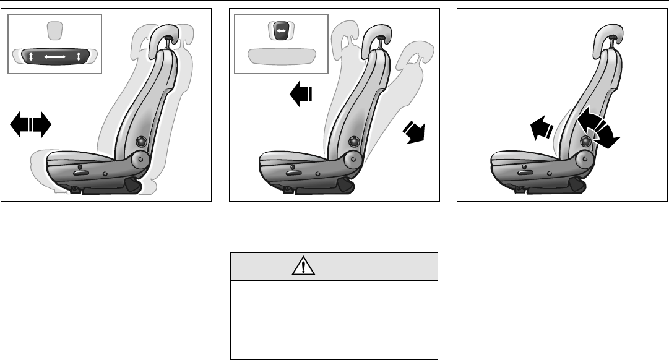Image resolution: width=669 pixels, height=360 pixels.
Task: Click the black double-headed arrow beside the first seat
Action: (30, 126)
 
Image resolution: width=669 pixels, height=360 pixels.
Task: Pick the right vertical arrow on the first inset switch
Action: (79, 57)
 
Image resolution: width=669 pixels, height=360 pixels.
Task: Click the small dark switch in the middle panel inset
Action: (280, 30)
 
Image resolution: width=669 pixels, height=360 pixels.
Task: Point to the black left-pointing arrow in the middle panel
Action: (301, 95)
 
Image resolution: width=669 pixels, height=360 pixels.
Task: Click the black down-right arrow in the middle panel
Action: (414, 132)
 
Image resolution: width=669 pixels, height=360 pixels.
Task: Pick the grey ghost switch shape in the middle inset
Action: (282, 56)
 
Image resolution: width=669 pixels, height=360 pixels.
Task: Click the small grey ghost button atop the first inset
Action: (54, 28)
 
